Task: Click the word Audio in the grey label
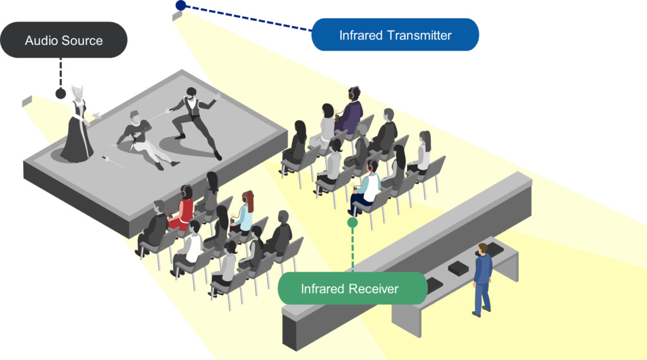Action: pyautogui.click(x=41, y=41)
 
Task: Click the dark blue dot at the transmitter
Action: pyautogui.click(x=181, y=5)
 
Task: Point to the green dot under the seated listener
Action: pyautogui.click(x=353, y=222)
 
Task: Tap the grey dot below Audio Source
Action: pyautogui.click(x=61, y=93)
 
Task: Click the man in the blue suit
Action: pyautogui.click(x=482, y=278)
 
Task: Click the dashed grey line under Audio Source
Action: pyautogui.click(x=61, y=73)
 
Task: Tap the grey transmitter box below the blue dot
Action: pyautogui.click(x=176, y=16)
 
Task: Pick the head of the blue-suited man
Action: pyautogui.click(x=483, y=248)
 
